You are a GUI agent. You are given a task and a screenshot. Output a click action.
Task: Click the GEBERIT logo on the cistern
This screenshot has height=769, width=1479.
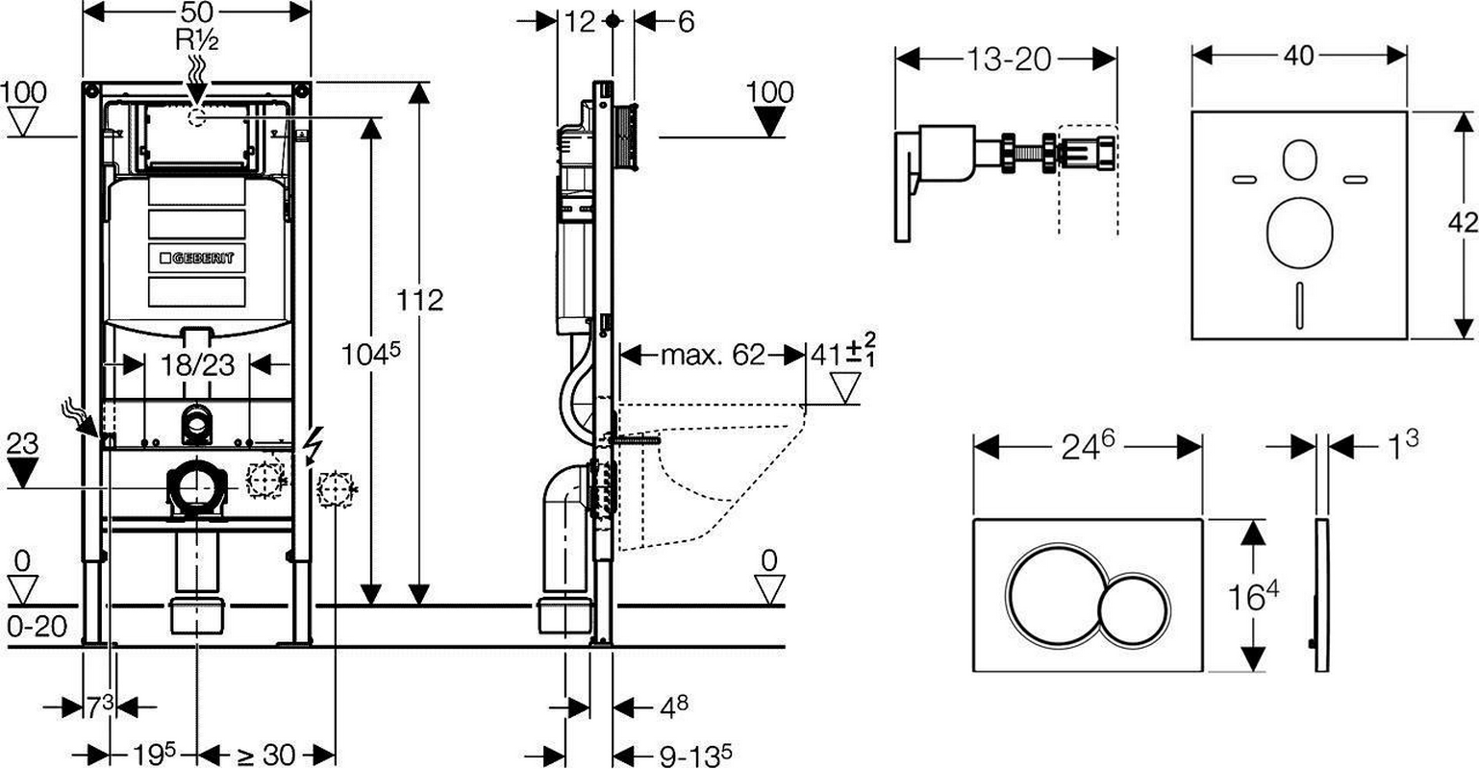pyautogui.click(x=197, y=258)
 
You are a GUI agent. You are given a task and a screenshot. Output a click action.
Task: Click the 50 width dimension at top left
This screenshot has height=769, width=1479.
pyautogui.click(x=196, y=12)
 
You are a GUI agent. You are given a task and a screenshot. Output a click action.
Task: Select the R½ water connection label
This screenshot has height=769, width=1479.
pyautogui.click(x=197, y=40)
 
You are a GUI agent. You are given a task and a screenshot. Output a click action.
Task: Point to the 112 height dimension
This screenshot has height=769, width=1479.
pyautogui.click(x=419, y=300)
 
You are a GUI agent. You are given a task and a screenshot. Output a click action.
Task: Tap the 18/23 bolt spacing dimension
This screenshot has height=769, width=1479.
pyautogui.click(x=197, y=364)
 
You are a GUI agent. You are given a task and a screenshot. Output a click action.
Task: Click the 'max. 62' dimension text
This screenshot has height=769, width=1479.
pyautogui.click(x=713, y=355)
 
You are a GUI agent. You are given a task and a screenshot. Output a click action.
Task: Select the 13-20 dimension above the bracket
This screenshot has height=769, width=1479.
pyautogui.click(x=1008, y=60)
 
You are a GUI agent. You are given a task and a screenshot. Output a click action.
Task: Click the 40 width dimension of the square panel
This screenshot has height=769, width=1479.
pyautogui.click(x=1299, y=56)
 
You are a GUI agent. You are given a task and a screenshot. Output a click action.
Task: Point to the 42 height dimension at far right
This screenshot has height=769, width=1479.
pyautogui.click(x=1463, y=222)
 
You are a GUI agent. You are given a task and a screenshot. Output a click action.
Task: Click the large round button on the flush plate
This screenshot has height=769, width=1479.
pyautogui.click(x=1054, y=595)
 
